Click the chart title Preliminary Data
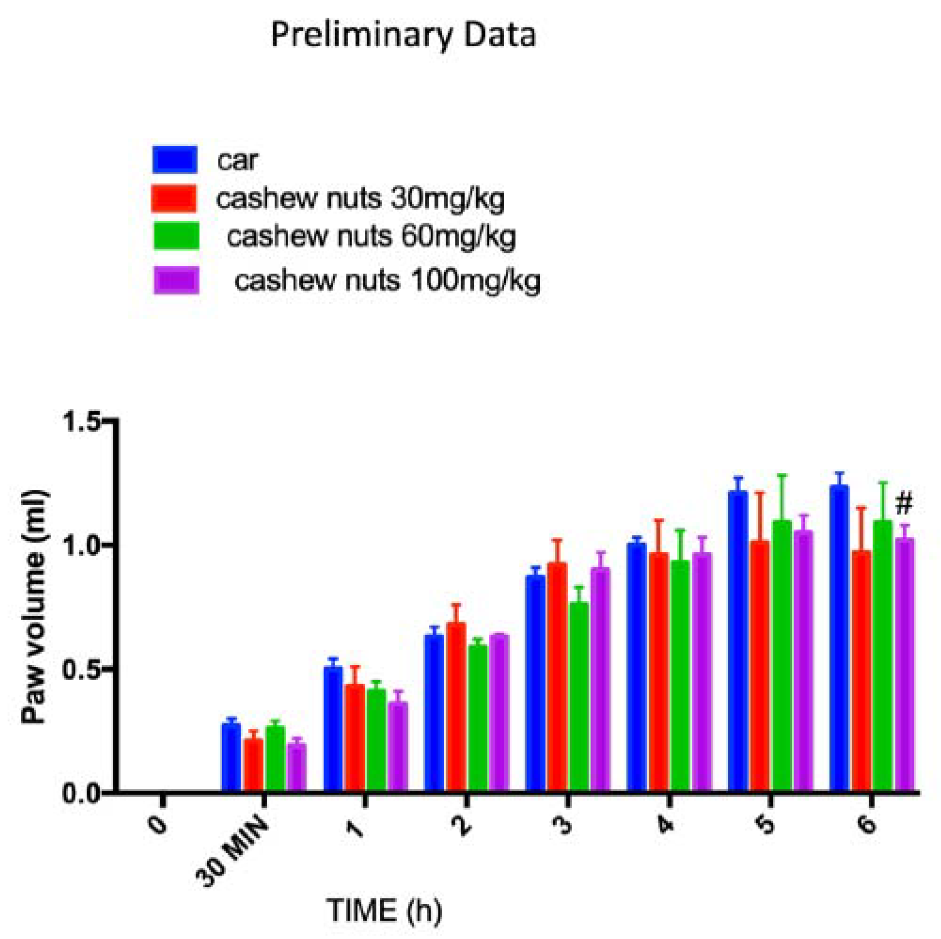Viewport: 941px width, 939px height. click(403, 36)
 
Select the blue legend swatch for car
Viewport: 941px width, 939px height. click(175, 160)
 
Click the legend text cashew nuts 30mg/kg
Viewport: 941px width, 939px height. click(360, 199)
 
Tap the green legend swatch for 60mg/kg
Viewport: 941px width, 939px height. click(176, 236)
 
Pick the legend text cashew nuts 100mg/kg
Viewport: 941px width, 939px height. click(387, 281)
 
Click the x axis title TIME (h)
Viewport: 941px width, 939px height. click(384, 911)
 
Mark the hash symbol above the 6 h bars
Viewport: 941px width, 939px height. click(903, 504)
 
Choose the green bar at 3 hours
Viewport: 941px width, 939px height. click(579, 694)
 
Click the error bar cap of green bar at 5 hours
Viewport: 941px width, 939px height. click(782, 475)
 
